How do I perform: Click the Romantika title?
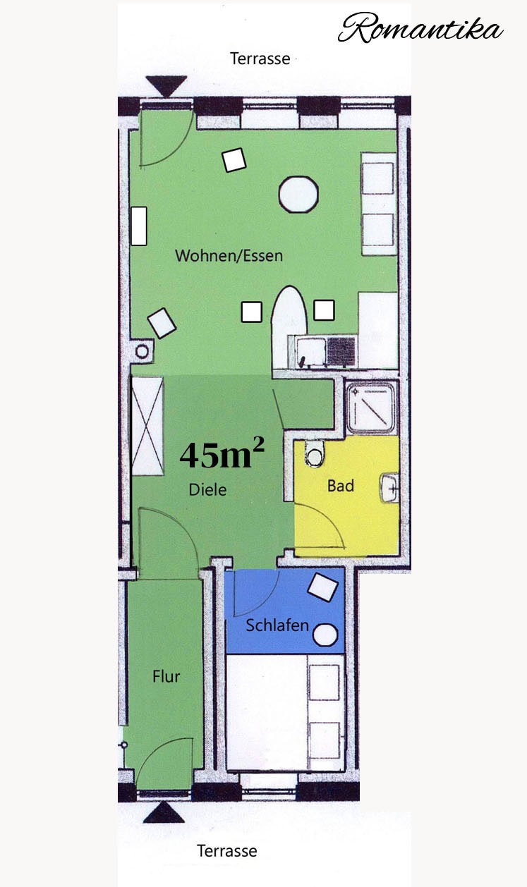(420, 27)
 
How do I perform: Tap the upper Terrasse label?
(260, 59)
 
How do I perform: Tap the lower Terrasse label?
(227, 850)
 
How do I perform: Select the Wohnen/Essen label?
(229, 256)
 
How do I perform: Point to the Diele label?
(207, 490)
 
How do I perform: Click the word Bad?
(340, 486)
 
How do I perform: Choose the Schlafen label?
(277, 625)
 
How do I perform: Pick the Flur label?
(166, 676)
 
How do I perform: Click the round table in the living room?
(298, 195)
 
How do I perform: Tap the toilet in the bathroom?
(315, 454)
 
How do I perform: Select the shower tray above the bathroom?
(371, 408)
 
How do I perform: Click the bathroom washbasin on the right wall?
(390, 488)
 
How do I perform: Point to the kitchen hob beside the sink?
(341, 352)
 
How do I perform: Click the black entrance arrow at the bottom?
(164, 812)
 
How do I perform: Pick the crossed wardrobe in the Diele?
(147, 426)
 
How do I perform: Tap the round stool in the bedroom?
(325, 635)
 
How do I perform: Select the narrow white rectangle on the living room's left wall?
(139, 226)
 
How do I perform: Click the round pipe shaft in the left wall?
(142, 351)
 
